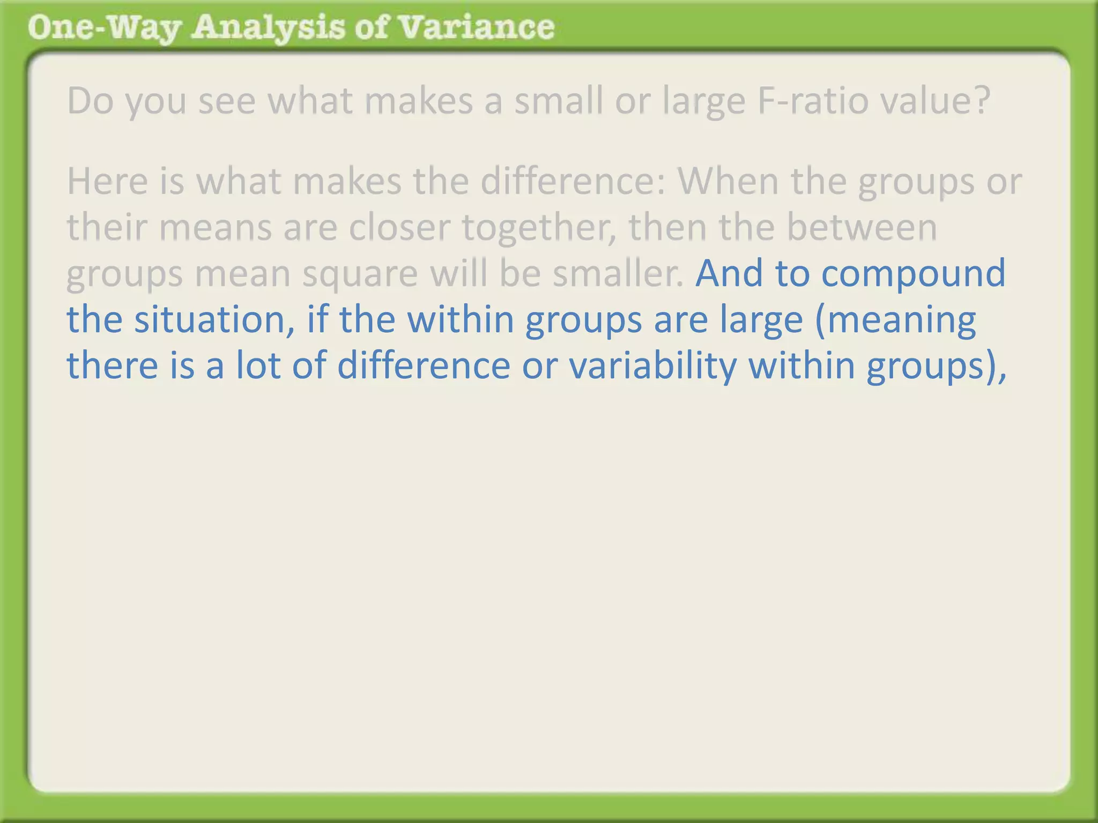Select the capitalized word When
pyautogui.click(x=728, y=181)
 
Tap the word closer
pyautogui.click(x=399, y=227)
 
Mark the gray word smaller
pyautogui.click(x=618, y=273)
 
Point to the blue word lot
pyautogui.click(x=258, y=365)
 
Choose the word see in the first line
pyautogui.click(x=227, y=101)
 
